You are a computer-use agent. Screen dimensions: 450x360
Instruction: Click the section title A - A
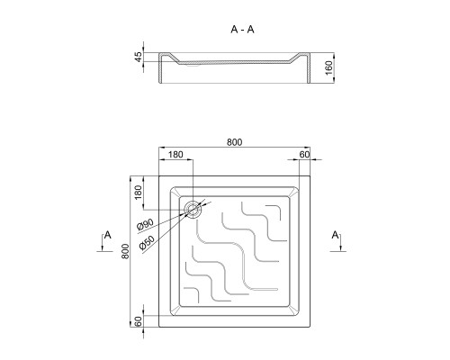[x=242, y=30]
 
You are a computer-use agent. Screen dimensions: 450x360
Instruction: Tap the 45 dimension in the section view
[x=138, y=57]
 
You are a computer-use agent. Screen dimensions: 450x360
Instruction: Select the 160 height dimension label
[x=328, y=67]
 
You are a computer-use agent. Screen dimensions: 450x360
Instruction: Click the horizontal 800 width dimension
[x=234, y=142]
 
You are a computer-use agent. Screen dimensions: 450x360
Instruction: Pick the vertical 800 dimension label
[x=125, y=251]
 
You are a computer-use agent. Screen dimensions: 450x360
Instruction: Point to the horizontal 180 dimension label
[x=175, y=155]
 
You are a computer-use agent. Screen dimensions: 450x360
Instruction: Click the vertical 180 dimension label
[x=138, y=193]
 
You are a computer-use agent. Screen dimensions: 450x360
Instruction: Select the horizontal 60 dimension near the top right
[x=304, y=155]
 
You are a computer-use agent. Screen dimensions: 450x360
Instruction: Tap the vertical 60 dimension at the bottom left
[x=138, y=321]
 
